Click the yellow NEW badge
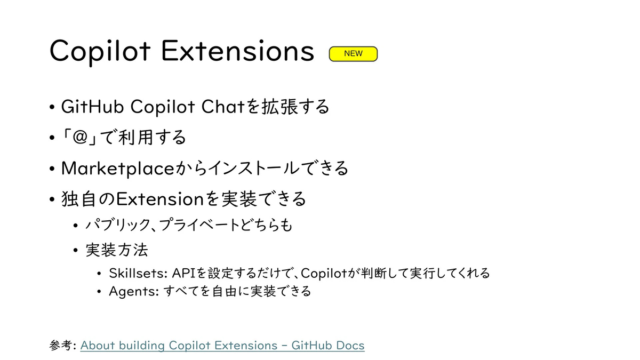353,54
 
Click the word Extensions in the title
238,51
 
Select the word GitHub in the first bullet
92,107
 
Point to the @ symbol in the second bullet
80,137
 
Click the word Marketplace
118,169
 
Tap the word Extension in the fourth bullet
160,199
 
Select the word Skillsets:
138,273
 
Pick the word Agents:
134,292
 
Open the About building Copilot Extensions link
222,346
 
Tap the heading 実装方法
117,250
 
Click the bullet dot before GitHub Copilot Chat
52,107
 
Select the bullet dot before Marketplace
52,169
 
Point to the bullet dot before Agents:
99,292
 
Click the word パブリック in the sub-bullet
118,225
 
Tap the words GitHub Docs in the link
328,346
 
